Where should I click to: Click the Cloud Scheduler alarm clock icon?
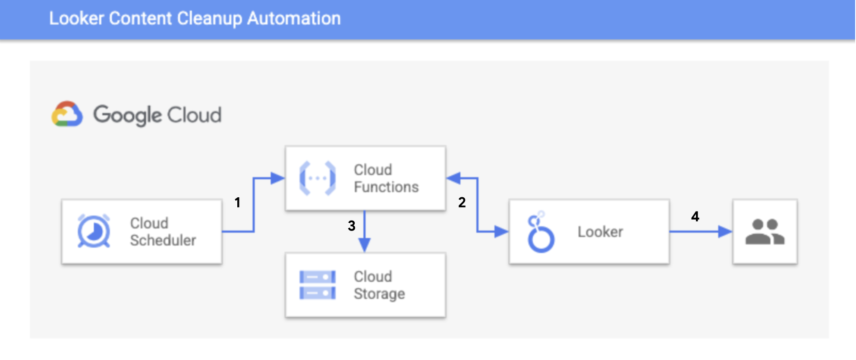tap(94, 231)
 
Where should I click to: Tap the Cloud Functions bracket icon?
tap(318, 178)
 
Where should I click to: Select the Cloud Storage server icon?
tap(318, 285)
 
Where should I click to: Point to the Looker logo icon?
tap(541, 232)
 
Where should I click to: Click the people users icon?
tap(765, 232)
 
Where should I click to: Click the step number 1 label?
tap(237, 202)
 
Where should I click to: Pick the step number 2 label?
tap(462, 202)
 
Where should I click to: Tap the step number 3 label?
tap(352, 225)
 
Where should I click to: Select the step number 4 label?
tap(695, 216)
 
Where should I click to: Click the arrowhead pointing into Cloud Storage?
tap(365, 246)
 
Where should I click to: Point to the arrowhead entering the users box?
tap(725, 232)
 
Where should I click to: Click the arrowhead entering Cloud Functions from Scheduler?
tap(277, 178)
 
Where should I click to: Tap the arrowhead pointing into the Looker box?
tap(502, 232)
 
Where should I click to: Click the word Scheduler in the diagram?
tap(163, 240)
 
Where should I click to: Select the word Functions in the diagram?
tap(386, 187)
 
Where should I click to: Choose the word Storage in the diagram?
tap(379, 294)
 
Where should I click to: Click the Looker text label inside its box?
tap(600, 232)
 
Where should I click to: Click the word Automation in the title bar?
tap(294, 19)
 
